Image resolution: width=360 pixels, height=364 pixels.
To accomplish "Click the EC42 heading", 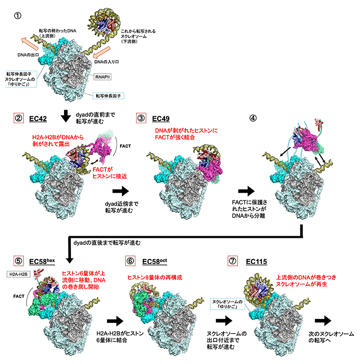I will [x=38, y=119].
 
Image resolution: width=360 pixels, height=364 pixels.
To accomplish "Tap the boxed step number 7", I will [x=233, y=261].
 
